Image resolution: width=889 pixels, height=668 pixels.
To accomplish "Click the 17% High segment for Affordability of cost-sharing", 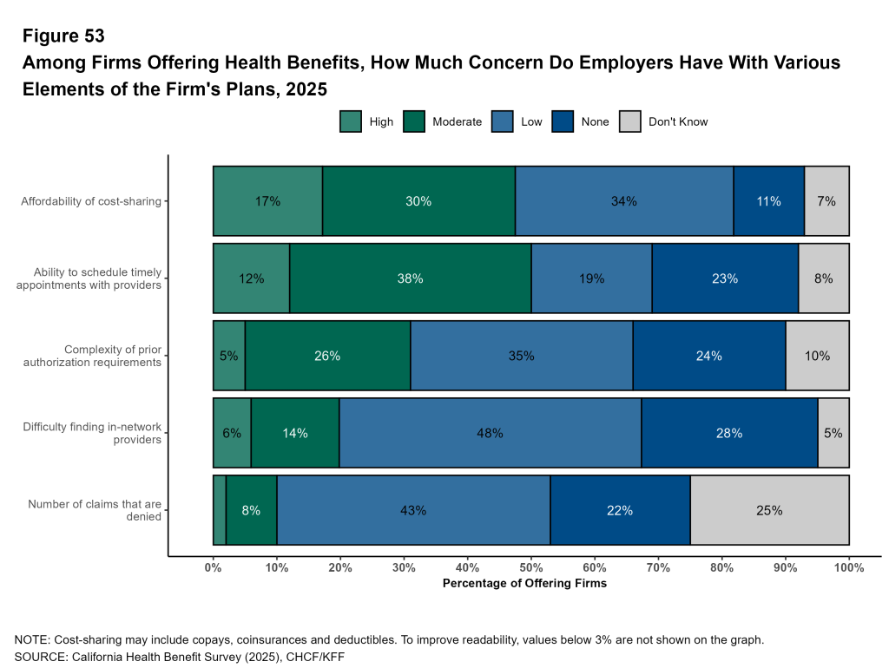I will (x=267, y=201).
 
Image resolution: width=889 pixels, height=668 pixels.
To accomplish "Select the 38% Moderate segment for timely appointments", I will (x=410, y=278).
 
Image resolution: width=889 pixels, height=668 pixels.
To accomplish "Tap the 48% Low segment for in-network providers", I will (x=490, y=433).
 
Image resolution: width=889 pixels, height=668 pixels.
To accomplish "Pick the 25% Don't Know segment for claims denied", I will (x=769, y=510).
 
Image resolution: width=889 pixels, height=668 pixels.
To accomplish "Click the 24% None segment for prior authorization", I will (x=708, y=356).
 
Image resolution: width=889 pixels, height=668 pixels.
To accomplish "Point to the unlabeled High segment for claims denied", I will (x=220, y=510).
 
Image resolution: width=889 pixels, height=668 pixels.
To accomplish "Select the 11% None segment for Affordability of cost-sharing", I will (x=768, y=201).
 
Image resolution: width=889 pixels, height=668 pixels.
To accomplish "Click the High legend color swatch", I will (x=351, y=122).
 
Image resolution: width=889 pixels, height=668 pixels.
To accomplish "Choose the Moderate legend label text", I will (x=457, y=122).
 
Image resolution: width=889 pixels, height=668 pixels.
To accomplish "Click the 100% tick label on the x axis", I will (x=848, y=567).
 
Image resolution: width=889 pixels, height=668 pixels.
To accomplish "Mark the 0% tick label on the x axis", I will (x=214, y=567).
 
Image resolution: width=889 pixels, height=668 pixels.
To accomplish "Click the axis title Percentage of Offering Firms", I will (x=524, y=584).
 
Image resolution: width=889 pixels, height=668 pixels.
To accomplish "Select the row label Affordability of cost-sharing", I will (x=92, y=201).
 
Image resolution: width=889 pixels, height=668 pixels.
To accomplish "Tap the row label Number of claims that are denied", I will (x=95, y=510).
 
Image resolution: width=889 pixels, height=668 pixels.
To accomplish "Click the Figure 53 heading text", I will (x=63, y=36).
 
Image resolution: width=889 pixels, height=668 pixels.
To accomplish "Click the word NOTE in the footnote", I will (x=32, y=640).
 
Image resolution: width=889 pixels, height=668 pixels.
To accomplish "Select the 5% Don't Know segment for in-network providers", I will (x=833, y=433).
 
